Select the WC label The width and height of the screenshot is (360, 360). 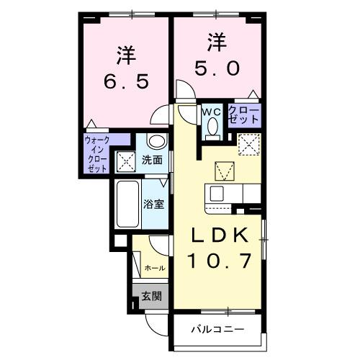[212, 112]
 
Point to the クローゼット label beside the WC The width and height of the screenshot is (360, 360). [245, 114]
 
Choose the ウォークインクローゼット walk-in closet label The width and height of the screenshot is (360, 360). [96, 152]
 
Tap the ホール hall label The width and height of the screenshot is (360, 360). [155, 268]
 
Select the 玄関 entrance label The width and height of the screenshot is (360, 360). [151, 295]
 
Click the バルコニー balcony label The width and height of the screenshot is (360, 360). [217, 330]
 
